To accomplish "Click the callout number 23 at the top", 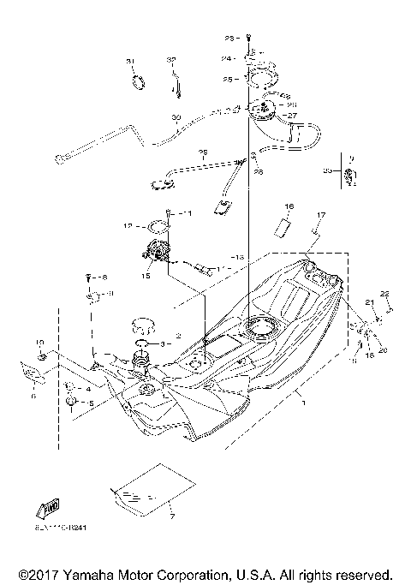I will point(229,39).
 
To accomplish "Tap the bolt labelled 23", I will point(247,39).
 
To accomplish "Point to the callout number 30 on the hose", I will point(176,116).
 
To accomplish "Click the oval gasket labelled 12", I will point(158,228).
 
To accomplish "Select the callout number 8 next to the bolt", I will point(104,278).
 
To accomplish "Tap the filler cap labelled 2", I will point(142,326).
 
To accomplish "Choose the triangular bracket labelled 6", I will point(31,373).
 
